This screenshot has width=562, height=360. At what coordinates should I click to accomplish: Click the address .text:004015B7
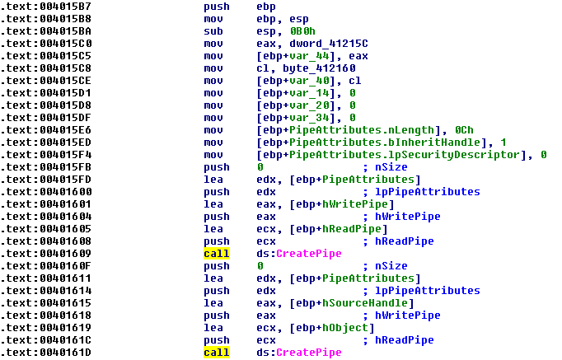point(46,7)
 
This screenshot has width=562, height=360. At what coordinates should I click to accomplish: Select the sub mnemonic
point(213,31)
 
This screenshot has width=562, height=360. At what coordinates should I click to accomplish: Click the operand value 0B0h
point(303,31)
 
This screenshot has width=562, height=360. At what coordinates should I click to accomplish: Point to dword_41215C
point(329,44)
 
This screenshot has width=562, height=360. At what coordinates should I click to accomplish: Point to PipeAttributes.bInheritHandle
point(385,143)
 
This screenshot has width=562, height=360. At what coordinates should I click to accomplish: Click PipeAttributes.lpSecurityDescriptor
point(405,155)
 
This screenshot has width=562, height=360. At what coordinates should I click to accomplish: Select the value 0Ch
point(464,130)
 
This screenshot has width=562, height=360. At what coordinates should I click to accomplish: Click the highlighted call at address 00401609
point(217,254)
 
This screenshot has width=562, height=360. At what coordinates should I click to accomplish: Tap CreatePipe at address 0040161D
point(308,353)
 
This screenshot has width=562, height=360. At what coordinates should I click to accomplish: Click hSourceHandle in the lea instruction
point(365,303)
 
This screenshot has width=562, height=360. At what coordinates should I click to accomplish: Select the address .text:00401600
point(46,192)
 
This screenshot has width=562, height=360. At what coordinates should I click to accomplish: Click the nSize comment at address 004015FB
point(391,167)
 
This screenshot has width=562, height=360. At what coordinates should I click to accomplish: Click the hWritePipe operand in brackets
point(355,204)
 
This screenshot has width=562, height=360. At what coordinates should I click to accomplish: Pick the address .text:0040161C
point(46,340)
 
